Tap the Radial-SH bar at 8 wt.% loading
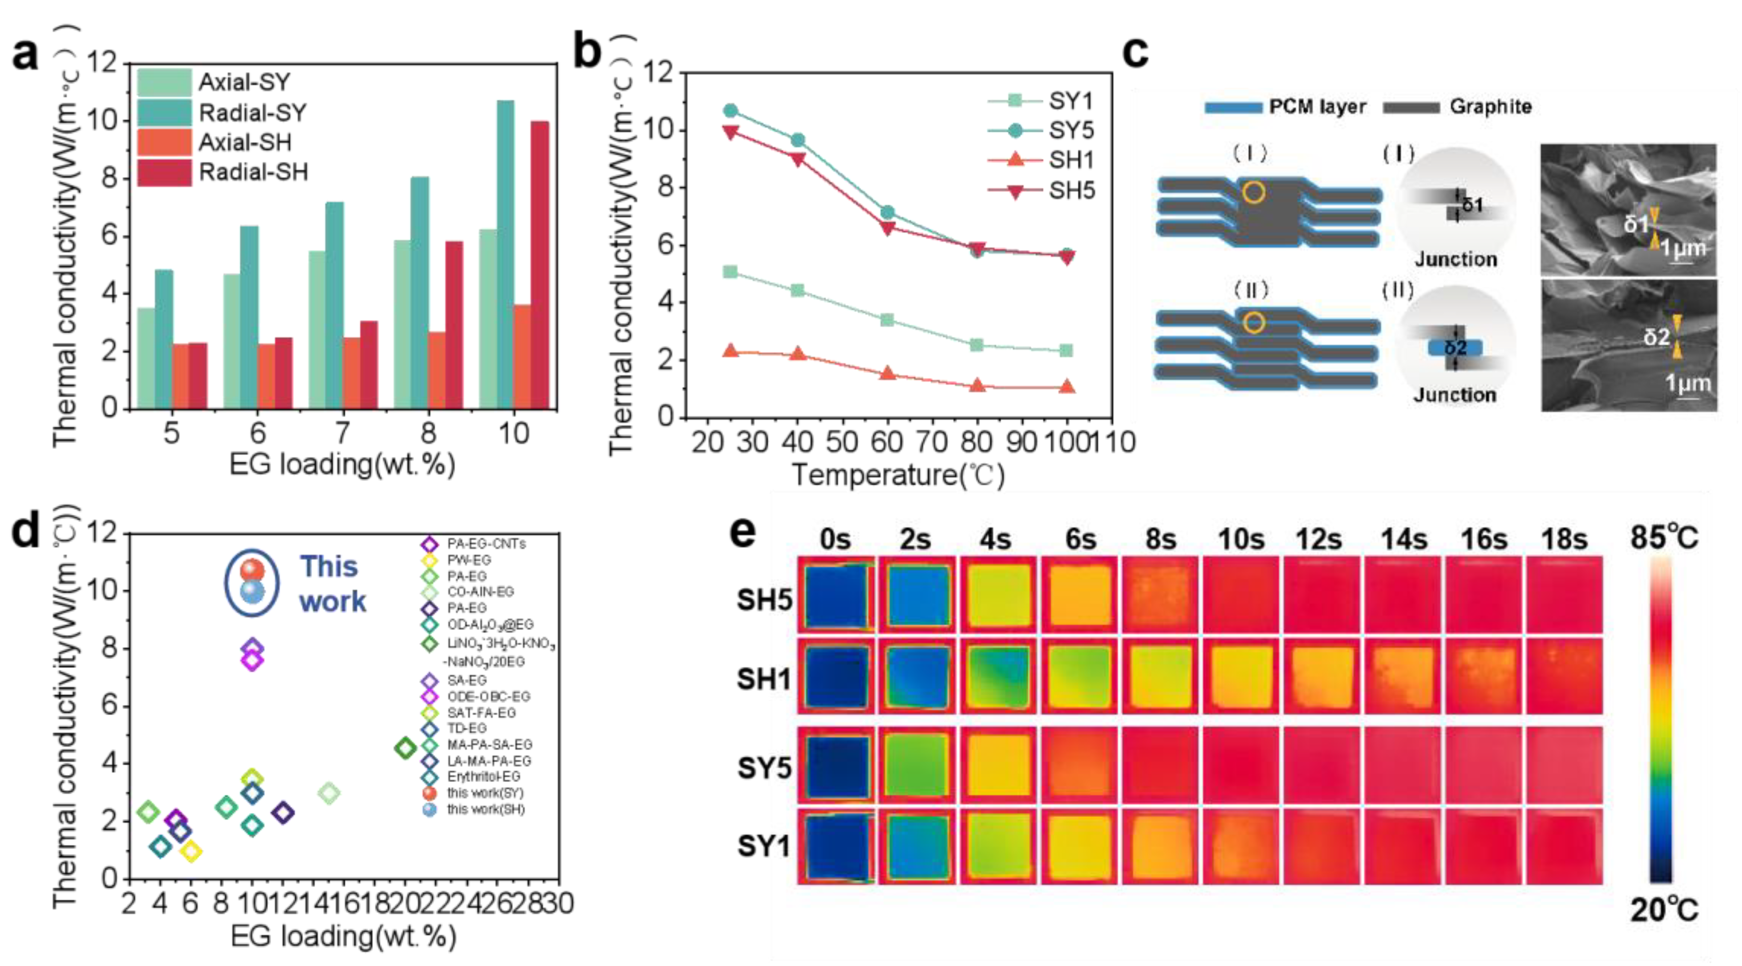coord(454,325)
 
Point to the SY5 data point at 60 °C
coord(887,212)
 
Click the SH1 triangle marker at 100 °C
coord(1067,387)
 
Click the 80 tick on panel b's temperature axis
coord(976,442)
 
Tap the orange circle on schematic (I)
coord(1253,193)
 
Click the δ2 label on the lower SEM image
coord(1657,336)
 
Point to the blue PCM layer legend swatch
coord(1233,107)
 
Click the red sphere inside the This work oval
coord(251,570)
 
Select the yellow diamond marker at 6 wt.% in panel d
coord(192,851)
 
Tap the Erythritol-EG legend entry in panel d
coord(483,776)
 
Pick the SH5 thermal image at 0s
coord(836,596)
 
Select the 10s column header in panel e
coord(1240,540)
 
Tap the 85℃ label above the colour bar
coord(1663,538)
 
